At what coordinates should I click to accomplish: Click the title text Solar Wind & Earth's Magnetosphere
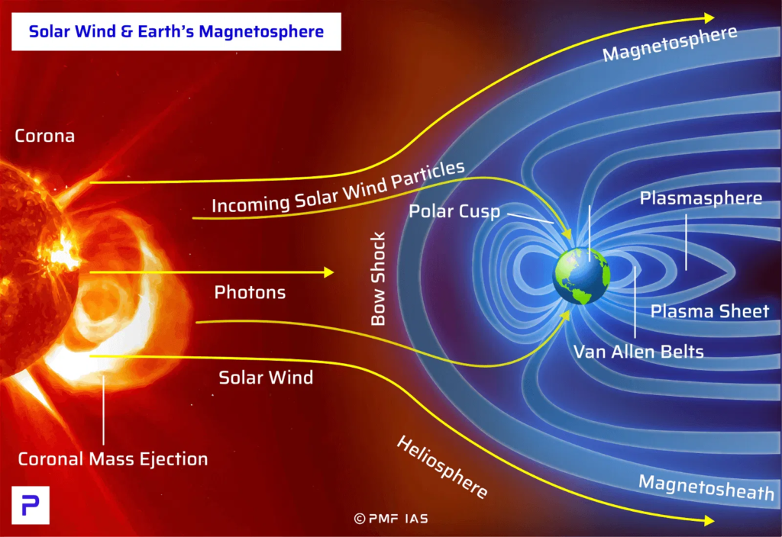pos(176,31)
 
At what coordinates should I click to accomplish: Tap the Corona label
pos(45,136)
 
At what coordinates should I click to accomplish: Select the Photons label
pos(250,292)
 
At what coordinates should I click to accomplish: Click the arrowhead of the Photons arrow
pos(328,272)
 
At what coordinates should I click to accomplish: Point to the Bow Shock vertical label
pos(379,278)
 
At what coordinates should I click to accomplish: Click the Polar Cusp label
pos(454,211)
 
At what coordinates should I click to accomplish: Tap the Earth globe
pos(581,276)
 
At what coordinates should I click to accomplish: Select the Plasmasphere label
pos(701,198)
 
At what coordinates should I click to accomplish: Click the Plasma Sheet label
pos(709,311)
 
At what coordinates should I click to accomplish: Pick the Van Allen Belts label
pos(638,352)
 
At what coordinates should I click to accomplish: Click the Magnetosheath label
pos(706,487)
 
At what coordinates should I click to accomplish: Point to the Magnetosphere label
pos(670,43)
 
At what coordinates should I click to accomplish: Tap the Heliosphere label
pos(442,467)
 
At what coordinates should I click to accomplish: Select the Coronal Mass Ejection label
pos(113,458)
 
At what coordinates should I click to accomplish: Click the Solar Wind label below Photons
pos(266,378)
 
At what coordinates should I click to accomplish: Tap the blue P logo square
pos(31,505)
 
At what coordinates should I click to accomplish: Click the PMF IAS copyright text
pos(391,519)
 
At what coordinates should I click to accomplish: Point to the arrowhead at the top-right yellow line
pos(709,18)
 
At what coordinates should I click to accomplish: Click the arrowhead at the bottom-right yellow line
pos(709,520)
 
